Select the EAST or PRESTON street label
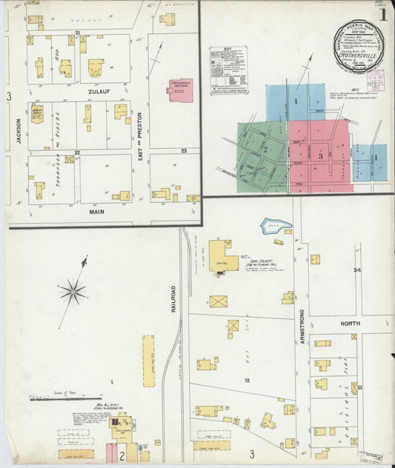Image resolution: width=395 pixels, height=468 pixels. [139, 128]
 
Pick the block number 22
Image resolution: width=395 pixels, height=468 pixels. [77, 152]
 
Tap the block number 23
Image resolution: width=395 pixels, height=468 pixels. [183, 150]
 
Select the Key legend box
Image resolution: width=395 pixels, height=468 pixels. [228, 70]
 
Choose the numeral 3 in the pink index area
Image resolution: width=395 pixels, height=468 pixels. [320, 156]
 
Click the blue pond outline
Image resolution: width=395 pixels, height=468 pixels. [275, 225]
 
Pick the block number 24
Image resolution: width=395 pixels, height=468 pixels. [356, 270]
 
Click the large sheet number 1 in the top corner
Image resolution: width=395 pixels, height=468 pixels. [383, 14]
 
